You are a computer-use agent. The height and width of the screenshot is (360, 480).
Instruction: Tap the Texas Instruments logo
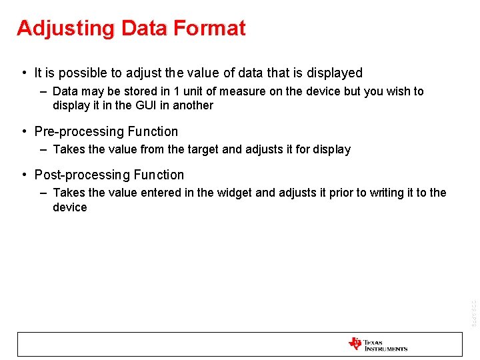(x=377, y=344)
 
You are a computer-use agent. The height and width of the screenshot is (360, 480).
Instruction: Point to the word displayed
(x=334, y=73)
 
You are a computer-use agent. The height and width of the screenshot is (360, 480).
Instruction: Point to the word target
(x=201, y=149)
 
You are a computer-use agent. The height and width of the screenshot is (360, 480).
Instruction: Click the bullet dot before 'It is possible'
(x=24, y=73)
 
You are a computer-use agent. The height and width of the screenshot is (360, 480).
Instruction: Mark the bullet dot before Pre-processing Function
(x=24, y=131)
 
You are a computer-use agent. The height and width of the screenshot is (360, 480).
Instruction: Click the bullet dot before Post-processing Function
(x=24, y=175)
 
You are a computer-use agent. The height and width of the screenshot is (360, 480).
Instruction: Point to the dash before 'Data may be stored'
(x=43, y=91)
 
